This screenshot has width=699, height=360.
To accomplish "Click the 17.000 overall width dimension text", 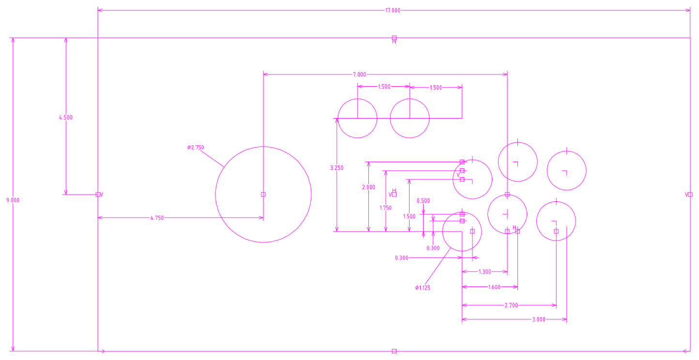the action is (393, 10).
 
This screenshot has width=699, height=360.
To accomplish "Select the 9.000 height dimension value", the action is (13, 200).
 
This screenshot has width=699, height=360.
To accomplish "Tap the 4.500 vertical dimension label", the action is (65, 117).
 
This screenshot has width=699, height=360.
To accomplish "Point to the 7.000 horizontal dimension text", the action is (359, 75).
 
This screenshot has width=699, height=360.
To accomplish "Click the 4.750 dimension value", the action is (156, 218).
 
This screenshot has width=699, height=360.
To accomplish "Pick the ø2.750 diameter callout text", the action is (196, 148).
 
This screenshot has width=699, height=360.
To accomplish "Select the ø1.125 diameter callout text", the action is (423, 288).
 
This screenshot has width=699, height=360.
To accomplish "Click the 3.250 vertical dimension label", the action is (336, 168).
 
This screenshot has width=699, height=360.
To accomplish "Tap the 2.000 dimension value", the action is (368, 187).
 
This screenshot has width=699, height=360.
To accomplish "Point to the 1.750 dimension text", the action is (385, 208).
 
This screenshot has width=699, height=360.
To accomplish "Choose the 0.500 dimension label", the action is (423, 200).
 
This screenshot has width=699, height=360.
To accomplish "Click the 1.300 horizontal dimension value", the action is (485, 272).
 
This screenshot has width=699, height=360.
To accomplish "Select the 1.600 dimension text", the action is (494, 287).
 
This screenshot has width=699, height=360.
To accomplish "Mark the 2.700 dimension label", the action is (511, 305).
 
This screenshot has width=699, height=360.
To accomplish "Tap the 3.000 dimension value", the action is (538, 319).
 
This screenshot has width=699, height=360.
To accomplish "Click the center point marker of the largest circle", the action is (263, 195).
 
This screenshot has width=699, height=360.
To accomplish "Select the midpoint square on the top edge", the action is (394, 38).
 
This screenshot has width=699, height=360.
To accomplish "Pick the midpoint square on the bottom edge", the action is (394, 351).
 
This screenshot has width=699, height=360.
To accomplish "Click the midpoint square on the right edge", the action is (690, 195).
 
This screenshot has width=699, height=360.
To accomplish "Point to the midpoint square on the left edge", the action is (98, 195).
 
